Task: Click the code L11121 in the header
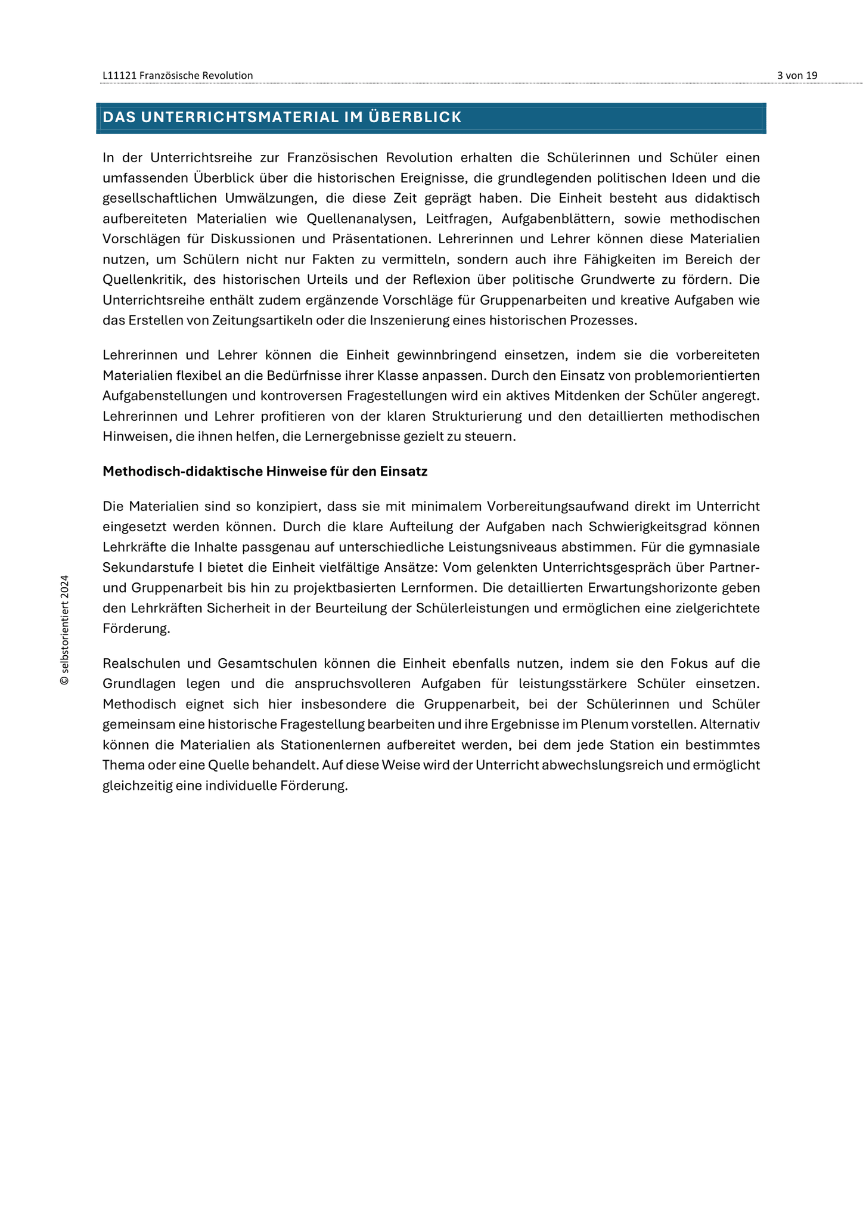[x=119, y=76]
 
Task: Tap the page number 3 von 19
[x=797, y=76]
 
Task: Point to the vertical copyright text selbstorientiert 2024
[x=64, y=630]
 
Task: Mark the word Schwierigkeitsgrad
[x=647, y=527]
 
